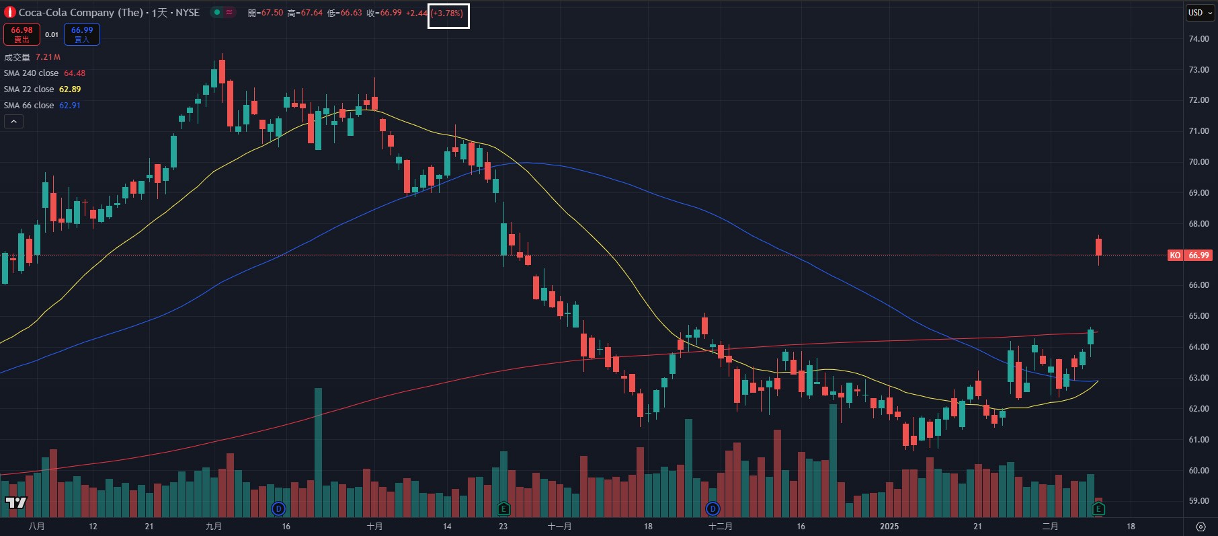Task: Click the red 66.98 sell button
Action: coord(22,34)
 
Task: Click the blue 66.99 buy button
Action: coord(82,34)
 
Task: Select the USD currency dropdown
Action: coord(1199,13)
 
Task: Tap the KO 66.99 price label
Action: coord(1189,256)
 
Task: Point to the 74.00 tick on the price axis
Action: coord(1199,39)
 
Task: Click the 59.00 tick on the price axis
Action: coord(1199,501)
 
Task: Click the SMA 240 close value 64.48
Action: coord(75,73)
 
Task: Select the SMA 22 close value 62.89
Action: coord(70,89)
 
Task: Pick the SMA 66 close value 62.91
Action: coord(70,106)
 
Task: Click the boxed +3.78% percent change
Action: coord(448,13)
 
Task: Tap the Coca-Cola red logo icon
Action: coord(9,13)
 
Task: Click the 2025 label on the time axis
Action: coord(889,527)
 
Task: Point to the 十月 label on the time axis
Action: coord(374,527)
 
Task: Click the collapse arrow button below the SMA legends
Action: coord(13,122)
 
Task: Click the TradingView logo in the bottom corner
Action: coord(15,502)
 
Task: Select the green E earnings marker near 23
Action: coord(503,508)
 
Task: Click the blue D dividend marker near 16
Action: coord(278,508)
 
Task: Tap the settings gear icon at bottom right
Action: coord(1201,527)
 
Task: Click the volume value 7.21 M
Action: coord(48,57)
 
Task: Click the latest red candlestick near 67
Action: coord(1099,247)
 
